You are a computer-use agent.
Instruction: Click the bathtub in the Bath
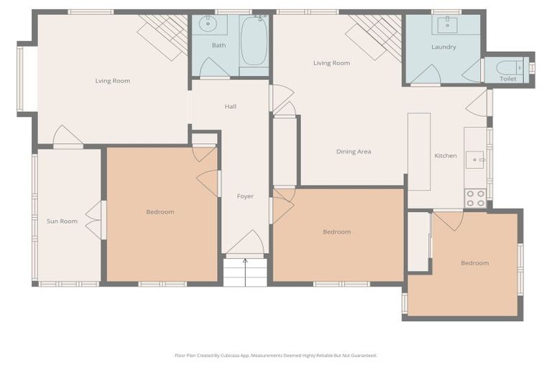click(254, 41)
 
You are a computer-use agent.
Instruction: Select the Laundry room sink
click(448, 24)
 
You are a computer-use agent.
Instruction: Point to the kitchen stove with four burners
click(475, 198)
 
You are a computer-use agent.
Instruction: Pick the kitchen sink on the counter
click(475, 159)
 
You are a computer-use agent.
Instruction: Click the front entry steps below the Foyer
click(245, 272)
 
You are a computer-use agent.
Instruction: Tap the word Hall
click(230, 106)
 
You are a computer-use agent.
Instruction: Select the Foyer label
click(245, 196)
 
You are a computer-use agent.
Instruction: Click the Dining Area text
click(354, 152)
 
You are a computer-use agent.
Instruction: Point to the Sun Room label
click(62, 221)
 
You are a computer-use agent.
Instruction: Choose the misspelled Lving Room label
click(113, 80)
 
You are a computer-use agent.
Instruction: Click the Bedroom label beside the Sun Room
click(160, 212)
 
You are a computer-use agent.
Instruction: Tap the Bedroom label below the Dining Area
click(336, 231)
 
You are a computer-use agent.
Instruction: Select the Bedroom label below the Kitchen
click(474, 263)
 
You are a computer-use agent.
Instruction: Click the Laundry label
click(443, 47)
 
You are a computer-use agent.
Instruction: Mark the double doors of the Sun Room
click(93, 220)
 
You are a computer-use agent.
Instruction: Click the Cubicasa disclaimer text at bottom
click(275, 355)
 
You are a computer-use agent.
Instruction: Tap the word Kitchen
click(446, 156)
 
